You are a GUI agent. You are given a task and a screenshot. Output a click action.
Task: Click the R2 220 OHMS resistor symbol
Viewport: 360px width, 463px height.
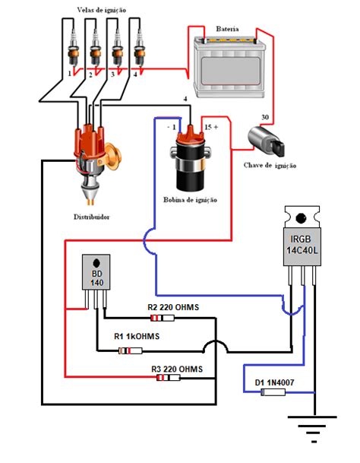coord(163,318)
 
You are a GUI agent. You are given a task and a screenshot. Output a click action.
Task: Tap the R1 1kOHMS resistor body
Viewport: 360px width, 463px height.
coord(130,350)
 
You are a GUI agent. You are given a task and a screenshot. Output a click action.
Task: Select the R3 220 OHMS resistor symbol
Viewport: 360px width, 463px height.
coord(168,377)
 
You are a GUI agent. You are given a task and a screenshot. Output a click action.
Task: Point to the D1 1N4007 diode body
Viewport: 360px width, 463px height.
coord(273,392)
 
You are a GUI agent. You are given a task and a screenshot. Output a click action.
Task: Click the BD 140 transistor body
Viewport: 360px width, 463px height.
coord(96,272)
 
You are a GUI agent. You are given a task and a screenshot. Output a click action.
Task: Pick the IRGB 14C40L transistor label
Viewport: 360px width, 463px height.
coord(302,245)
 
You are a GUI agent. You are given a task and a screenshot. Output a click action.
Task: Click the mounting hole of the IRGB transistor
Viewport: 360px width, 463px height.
coord(301,218)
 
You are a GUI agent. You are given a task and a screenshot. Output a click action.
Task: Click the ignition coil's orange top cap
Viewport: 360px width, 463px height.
coord(191,136)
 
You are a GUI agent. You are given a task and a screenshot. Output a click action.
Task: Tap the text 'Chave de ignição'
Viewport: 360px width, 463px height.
coord(270,166)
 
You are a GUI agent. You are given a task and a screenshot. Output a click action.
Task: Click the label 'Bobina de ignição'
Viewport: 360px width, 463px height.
coord(191,200)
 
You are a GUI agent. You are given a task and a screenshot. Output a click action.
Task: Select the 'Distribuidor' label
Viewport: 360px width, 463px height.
coord(91,217)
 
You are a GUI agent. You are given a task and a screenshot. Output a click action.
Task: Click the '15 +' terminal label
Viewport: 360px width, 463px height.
coord(211,127)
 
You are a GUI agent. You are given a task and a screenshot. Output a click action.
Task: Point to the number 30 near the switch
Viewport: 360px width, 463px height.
coord(265,117)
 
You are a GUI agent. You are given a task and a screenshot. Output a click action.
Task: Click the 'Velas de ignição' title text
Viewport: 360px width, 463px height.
coord(102,11)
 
